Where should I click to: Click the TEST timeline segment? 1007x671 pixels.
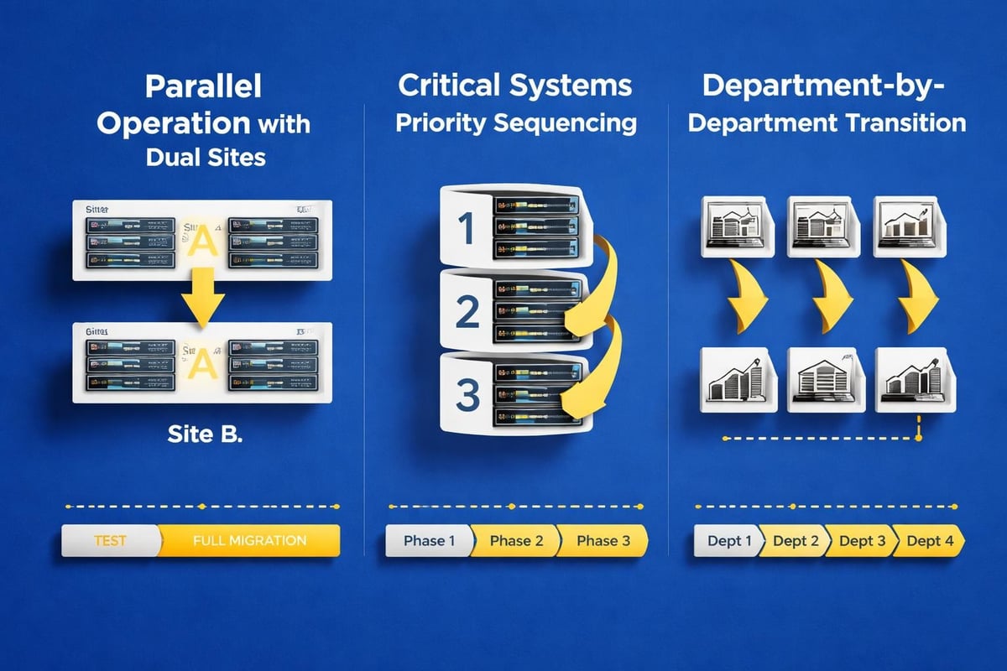(110, 540)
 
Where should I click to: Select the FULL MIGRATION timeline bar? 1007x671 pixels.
(249, 540)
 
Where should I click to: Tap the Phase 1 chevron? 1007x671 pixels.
(429, 541)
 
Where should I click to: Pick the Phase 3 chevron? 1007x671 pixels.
(603, 541)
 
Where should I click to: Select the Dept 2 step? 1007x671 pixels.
(795, 541)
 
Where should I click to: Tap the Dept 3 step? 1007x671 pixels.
(861, 541)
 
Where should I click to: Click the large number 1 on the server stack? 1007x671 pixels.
(467, 227)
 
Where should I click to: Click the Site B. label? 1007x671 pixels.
(205, 436)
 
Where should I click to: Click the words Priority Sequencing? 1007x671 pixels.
(515, 123)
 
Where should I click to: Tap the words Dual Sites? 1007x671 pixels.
(205, 156)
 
